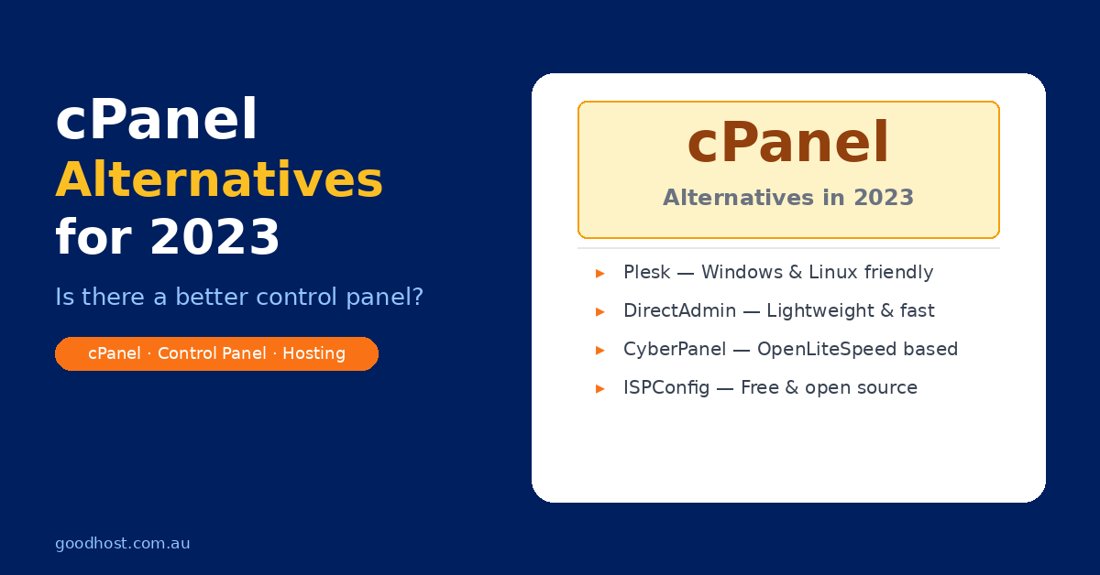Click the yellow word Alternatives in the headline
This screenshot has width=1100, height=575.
click(x=219, y=179)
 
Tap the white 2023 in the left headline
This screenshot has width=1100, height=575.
click(x=214, y=237)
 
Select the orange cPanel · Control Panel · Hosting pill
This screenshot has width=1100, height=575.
click(x=216, y=353)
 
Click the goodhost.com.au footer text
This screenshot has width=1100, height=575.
click(x=122, y=544)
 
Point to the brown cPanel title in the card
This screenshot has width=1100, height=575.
click(x=788, y=143)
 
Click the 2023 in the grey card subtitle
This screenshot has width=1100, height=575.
click(x=884, y=198)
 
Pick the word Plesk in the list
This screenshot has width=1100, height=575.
click(x=647, y=272)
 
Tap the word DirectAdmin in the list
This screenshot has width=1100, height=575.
click(x=679, y=311)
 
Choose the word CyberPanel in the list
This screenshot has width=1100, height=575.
click(x=675, y=350)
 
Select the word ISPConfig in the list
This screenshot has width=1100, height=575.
click(x=666, y=388)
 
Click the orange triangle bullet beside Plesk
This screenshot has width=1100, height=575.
click(x=600, y=273)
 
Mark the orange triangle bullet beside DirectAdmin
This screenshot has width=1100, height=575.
click(x=600, y=312)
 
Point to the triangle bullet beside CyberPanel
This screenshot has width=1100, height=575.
click(x=600, y=351)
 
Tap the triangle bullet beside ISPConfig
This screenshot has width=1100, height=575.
click(x=600, y=389)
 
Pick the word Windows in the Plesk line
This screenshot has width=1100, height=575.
click(x=742, y=272)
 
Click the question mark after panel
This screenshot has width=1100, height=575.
click(x=418, y=297)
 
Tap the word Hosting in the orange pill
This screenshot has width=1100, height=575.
click(x=313, y=353)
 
